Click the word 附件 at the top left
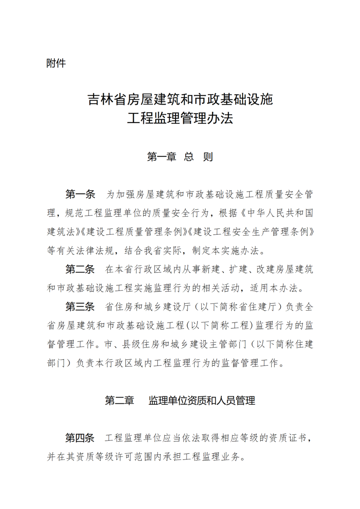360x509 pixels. [x=56, y=63]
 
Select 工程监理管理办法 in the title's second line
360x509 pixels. [x=180, y=118]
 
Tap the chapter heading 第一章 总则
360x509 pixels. [x=180, y=157]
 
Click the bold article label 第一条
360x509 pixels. [x=80, y=194]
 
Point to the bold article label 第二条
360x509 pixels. [x=80, y=269]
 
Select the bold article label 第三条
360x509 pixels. [x=80, y=306]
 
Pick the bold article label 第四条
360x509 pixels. [x=80, y=438]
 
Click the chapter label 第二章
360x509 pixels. [x=119, y=400]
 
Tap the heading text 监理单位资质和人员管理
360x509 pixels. [x=202, y=400]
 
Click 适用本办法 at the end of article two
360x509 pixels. [x=273, y=288]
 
